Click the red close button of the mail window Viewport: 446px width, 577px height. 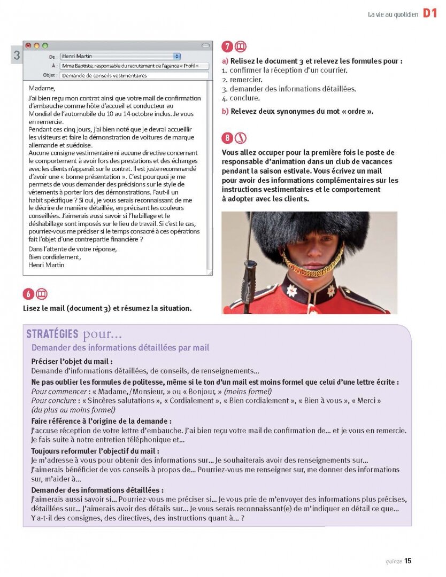(x=28, y=46)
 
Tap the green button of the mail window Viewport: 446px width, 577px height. (x=45, y=46)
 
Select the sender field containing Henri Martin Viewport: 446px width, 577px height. (x=120, y=56)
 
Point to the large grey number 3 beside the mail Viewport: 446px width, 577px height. (x=17, y=56)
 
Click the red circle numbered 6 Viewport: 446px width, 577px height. (x=28, y=294)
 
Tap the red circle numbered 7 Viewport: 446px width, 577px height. (x=227, y=46)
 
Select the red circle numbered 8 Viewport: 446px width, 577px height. (x=227, y=138)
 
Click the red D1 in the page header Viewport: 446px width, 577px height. (x=430, y=14)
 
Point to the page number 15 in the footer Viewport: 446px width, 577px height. (x=407, y=560)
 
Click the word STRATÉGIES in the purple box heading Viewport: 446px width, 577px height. (x=52, y=335)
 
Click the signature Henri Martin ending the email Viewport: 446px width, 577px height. (x=47, y=264)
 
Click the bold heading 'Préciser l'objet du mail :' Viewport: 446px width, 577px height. (x=72, y=362)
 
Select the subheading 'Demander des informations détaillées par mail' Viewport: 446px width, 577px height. (x=120, y=348)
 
